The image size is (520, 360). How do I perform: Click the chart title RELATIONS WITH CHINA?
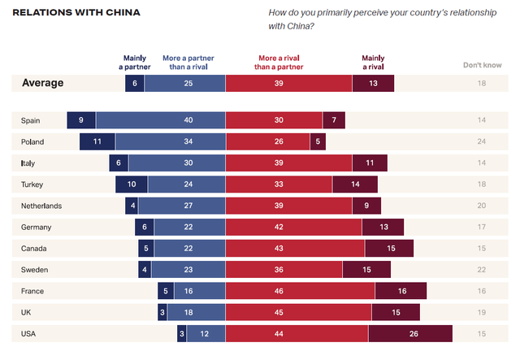(76, 13)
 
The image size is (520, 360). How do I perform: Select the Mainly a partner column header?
(135, 63)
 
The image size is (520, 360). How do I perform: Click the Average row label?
(42, 82)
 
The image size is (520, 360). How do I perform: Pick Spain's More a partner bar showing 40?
(160, 120)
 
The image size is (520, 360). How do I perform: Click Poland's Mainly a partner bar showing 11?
(97, 141)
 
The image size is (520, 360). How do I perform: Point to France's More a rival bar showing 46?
(300, 291)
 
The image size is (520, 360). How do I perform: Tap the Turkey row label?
(32, 184)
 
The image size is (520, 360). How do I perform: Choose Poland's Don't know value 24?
(482, 141)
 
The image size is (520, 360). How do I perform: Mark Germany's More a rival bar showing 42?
(293, 227)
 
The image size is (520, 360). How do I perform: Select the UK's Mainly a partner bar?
(162, 312)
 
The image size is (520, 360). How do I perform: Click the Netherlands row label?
(41, 206)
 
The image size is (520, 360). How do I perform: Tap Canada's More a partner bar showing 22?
(188, 248)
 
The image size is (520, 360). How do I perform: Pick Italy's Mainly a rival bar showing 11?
(370, 163)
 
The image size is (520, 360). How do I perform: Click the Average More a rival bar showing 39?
(288, 82)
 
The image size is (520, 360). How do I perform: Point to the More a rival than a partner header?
(280, 63)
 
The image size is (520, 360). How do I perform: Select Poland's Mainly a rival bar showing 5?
(316, 141)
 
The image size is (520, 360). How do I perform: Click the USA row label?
(30, 333)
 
